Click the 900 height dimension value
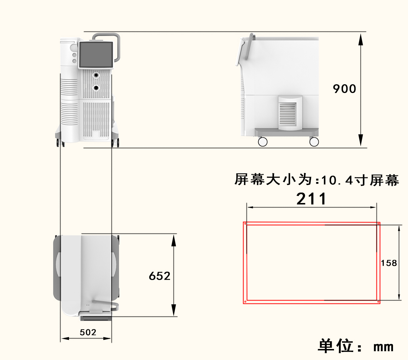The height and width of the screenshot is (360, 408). [344, 89]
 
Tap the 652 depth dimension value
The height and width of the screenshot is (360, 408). [159, 276]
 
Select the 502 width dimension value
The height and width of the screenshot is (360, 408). [88, 332]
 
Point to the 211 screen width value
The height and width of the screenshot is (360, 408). [311, 199]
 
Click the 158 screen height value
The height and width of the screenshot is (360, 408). [389, 263]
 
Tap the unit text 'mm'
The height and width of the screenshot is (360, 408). [383, 347]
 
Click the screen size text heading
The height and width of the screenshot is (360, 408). [317, 180]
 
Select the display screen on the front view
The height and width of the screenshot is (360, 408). [96, 54]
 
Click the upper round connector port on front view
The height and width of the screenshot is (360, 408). [96, 75]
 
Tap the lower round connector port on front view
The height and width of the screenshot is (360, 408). [96, 88]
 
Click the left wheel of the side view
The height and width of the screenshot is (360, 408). [263, 142]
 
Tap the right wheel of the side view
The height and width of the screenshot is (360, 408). [314, 142]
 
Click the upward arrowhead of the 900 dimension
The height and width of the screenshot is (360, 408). [360, 38]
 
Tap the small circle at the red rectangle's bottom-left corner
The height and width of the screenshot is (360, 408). [245, 302]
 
